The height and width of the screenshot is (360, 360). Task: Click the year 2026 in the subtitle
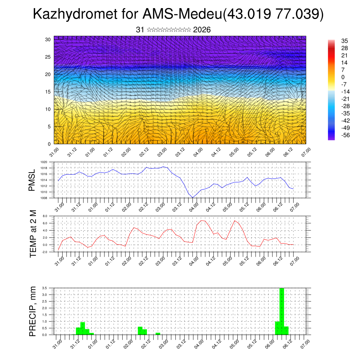202,30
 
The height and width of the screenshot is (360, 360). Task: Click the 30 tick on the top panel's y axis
47,39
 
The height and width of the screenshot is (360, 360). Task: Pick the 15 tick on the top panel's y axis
47,92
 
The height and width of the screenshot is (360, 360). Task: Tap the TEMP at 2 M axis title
33,233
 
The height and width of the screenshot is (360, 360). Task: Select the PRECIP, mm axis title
33,311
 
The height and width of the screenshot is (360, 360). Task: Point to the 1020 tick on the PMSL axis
44,162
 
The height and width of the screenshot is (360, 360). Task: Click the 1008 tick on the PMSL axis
44,198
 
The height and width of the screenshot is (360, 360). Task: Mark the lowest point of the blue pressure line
193,198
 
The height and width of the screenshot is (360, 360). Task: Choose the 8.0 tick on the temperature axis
45,216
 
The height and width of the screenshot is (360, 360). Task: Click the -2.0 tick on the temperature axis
44,252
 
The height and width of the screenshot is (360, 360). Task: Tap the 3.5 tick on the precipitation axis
44,288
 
